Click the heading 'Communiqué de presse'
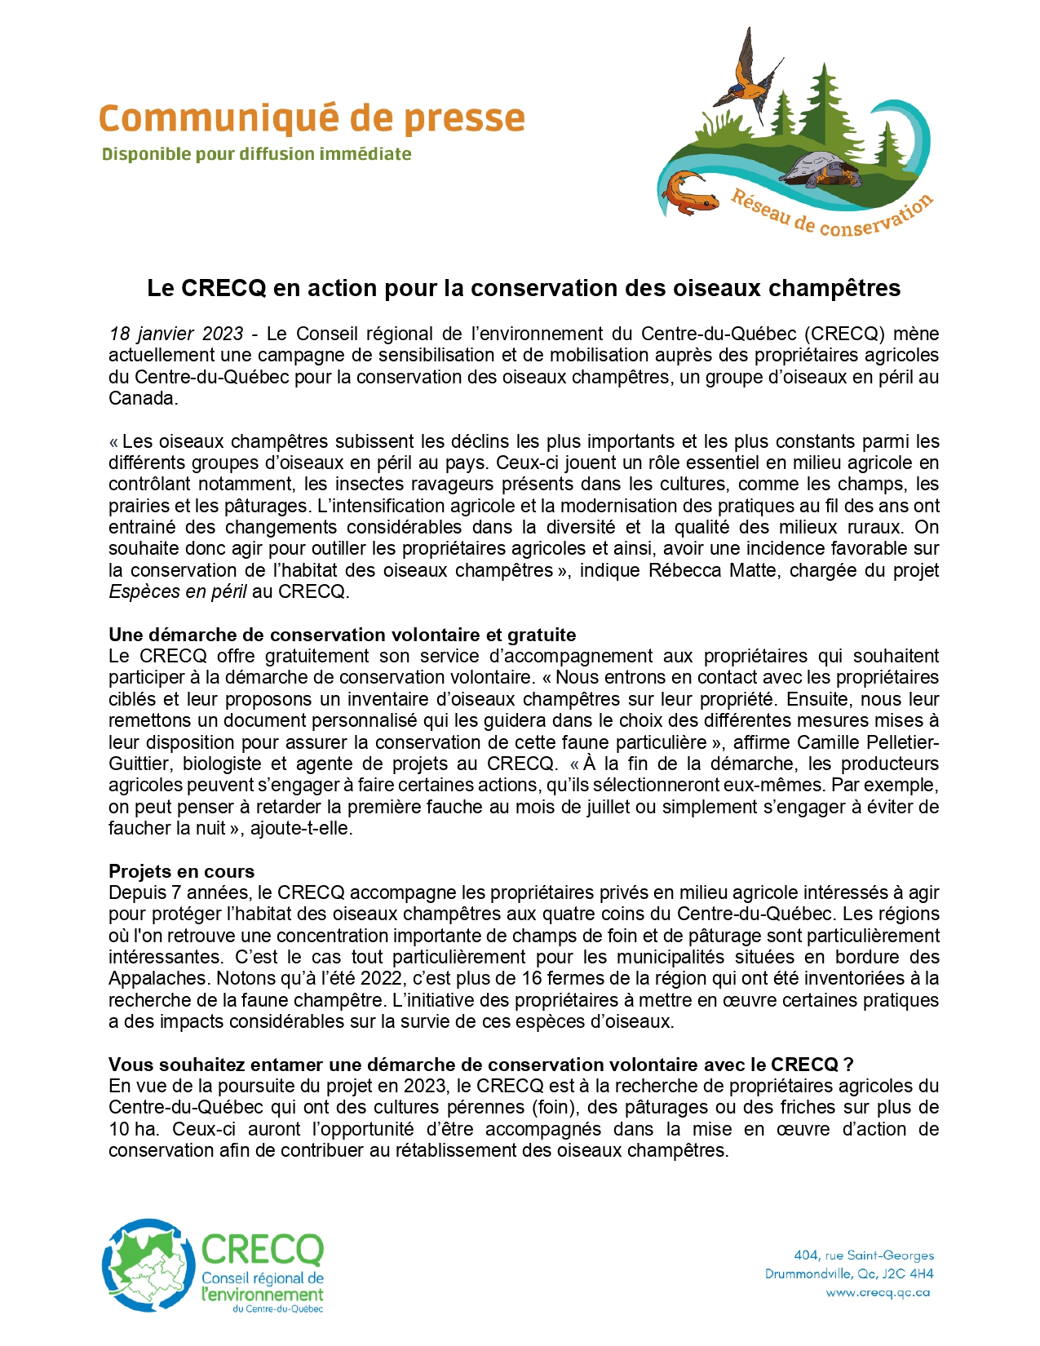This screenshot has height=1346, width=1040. [x=311, y=118]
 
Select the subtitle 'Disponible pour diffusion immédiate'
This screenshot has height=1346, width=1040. [x=256, y=154]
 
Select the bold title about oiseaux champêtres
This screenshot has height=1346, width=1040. [x=524, y=288]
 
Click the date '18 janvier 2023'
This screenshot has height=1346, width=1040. [x=176, y=334]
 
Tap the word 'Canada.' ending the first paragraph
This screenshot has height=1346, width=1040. [x=143, y=398]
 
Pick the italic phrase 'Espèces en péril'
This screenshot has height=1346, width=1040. [x=178, y=591]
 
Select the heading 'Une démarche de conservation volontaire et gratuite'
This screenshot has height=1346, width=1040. [x=342, y=635]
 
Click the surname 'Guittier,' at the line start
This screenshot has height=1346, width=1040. [x=140, y=764]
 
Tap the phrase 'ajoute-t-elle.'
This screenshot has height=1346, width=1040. [x=302, y=828]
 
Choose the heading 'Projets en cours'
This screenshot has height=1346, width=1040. [x=181, y=871]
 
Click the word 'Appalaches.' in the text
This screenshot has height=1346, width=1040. [x=157, y=978]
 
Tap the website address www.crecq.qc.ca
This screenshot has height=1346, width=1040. [x=878, y=1292]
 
